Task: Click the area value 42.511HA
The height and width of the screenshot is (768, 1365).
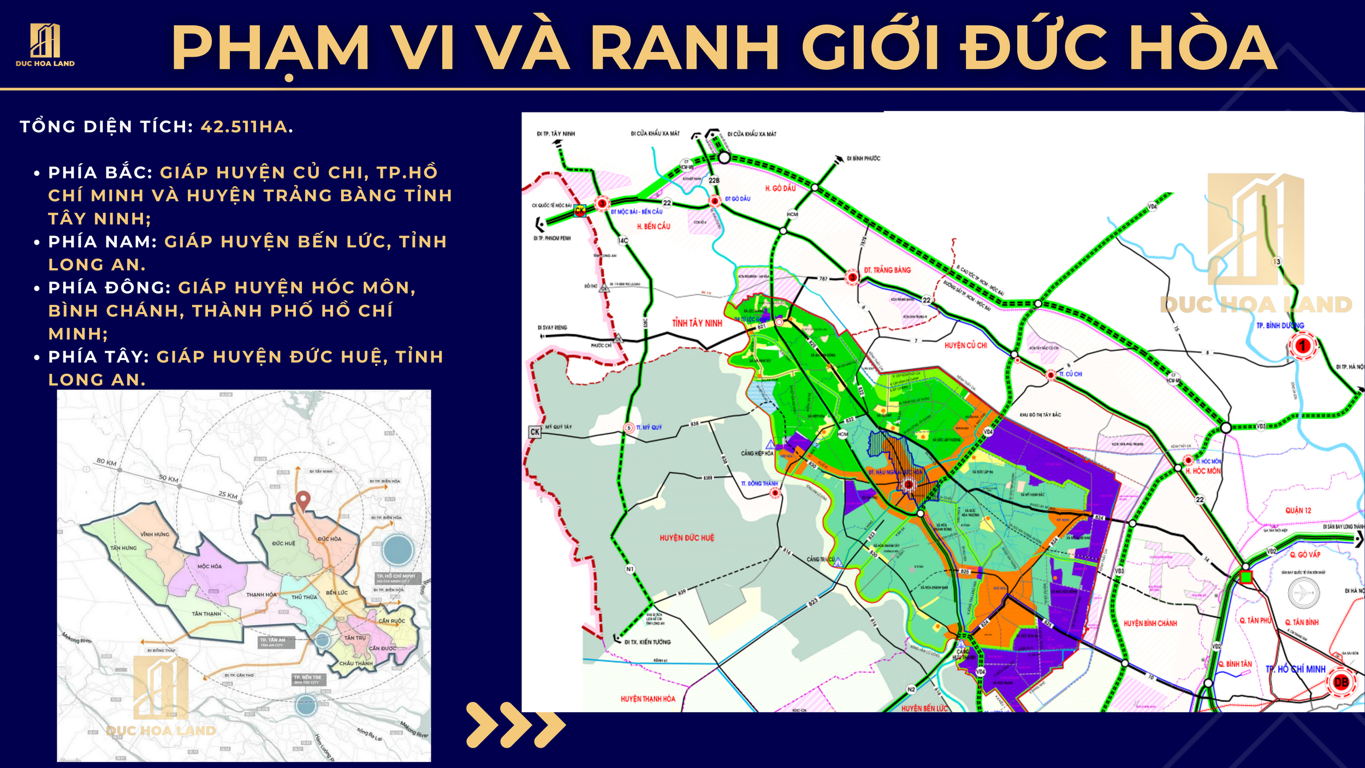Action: tap(246, 127)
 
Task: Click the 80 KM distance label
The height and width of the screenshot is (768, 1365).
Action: tap(106, 462)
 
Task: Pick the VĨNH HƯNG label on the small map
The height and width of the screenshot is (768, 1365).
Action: tap(155, 534)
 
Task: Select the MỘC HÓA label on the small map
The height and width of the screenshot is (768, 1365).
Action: tap(210, 566)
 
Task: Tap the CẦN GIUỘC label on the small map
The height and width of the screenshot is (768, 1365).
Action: tap(391, 621)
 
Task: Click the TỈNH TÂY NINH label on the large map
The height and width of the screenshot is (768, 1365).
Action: tap(697, 323)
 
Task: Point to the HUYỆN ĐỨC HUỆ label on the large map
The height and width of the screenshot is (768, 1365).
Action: tap(686, 538)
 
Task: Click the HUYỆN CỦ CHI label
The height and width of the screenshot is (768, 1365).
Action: tap(965, 345)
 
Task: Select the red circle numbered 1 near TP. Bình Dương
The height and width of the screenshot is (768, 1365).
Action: tap(1303, 345)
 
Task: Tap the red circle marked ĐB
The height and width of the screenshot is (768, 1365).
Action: tap(1340, 682)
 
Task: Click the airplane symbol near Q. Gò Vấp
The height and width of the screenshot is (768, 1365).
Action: tap(1303, 593)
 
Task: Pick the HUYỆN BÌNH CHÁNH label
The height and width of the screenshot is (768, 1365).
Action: tap(1150, 623)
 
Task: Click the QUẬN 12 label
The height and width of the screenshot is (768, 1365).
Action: tap(1298, 511)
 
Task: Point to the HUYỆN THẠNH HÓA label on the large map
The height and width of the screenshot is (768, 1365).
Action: tap(648, 699)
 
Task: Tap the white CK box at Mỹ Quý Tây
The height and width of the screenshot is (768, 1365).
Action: tap(535, 432)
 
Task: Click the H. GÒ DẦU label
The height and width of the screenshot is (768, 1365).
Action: tap(780, 188)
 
